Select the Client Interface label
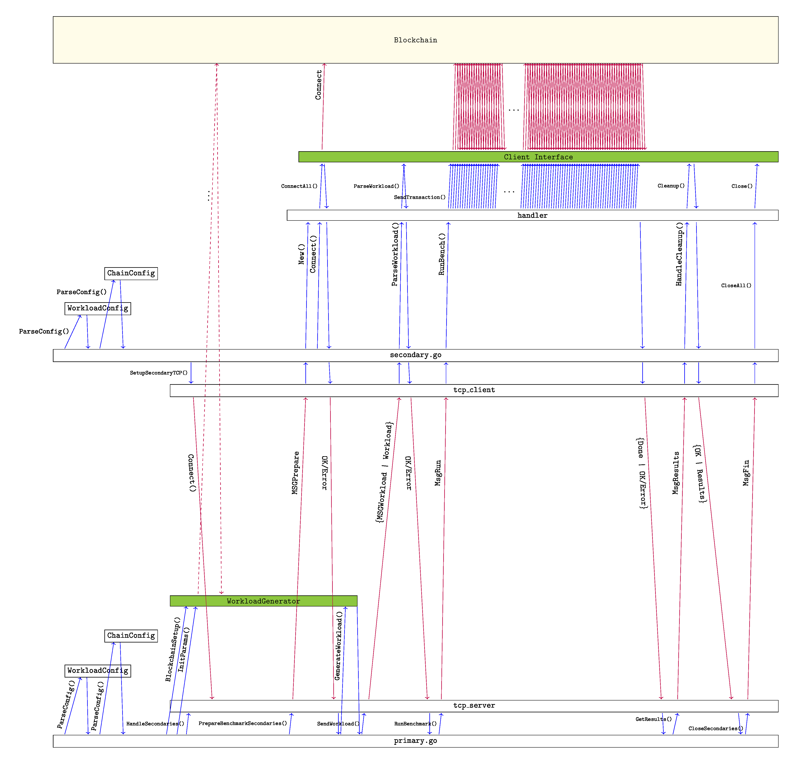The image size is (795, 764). point(538,157)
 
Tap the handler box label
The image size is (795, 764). point(532,215)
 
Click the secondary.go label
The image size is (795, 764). point(415,355)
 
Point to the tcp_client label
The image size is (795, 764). point(474,390)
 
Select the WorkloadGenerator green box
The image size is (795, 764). point(263,601)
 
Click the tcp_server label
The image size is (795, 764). point(474,706)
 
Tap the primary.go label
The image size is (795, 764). point(415,741)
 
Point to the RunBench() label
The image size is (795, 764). point(442,254)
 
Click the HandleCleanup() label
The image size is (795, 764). point(679,254)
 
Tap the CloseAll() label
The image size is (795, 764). point(736,285)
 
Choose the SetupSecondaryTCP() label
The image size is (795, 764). point(159,372)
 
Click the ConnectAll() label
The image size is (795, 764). point(299,186)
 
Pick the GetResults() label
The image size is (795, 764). point(653,719)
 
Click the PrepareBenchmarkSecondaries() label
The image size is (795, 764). point(243,723)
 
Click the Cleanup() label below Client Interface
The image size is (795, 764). point(671,186)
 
